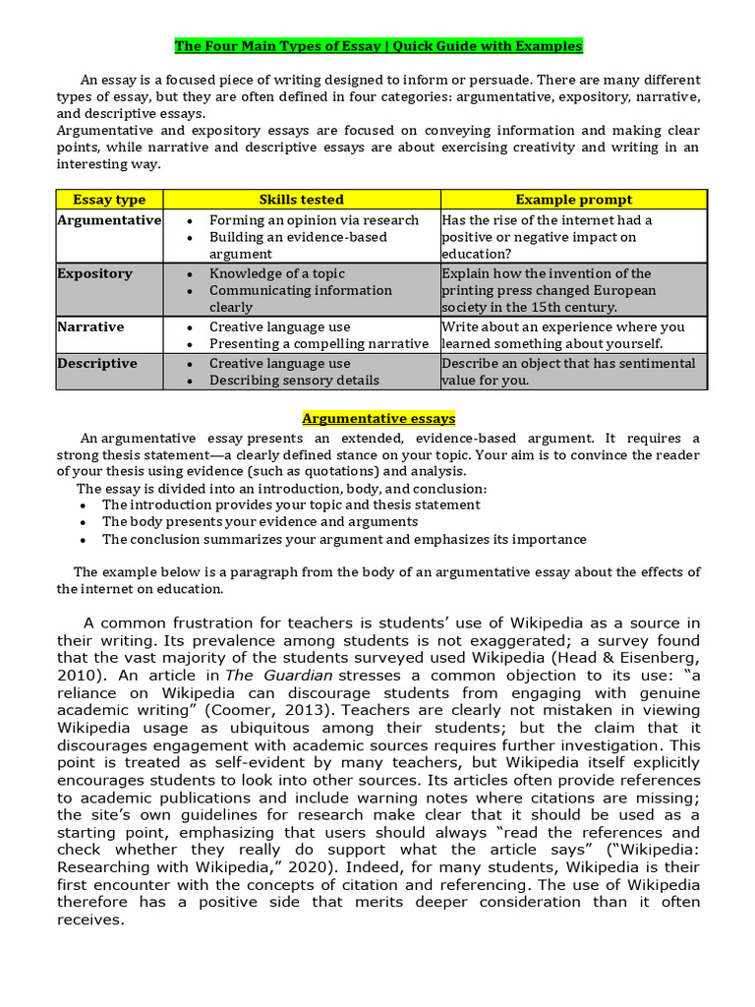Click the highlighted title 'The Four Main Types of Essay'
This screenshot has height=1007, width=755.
pos(378,46)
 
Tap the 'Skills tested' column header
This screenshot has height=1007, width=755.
pos(301,200)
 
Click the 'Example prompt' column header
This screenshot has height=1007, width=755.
pos(574,200)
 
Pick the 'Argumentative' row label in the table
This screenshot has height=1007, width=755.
pos(109,220)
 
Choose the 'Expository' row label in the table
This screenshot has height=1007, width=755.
pos(94,273)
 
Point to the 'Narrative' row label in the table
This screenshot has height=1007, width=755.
pos(90,326)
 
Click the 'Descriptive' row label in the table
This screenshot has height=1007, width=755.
pos(97,363)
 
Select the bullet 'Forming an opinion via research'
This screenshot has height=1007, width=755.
pos(314,220)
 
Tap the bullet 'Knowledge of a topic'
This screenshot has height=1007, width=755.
pos(276,273)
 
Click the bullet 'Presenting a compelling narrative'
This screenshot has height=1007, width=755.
pos(319,344)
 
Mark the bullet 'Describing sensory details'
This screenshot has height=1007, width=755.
pos(294,381)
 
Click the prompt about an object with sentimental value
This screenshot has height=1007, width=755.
pos(568,372)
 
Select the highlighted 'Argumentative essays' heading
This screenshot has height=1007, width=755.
pos(378,419)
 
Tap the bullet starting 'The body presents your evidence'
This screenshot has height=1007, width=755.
pos(260,521)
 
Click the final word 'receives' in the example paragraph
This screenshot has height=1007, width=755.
pos(89,920)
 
